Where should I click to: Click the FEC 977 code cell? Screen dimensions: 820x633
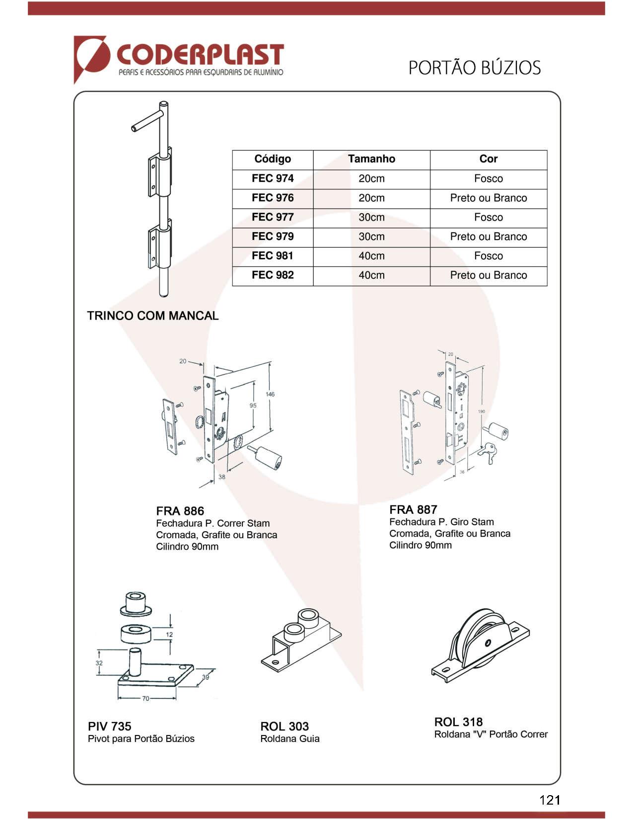pyautogui.click(x=273, y=217)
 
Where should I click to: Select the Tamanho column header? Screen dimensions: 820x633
pyautogui.click(x=371, y=159)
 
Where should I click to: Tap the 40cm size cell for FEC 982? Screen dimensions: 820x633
pyautogui.click(x=371, y=275)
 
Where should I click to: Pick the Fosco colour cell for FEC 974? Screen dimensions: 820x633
pyautogui.click(x=488, y=178)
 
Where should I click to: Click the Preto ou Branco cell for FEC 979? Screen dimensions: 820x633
pyautogui.click(x=488, y=237)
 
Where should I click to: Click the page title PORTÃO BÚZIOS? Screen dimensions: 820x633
pyautogui.click(x=474, y=68)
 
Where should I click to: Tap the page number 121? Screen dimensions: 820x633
pyautogui.click(x=550, y=800)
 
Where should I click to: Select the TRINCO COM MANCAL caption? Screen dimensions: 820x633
pyautogui.click(x=152, y=316)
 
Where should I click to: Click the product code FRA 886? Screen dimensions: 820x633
pyautogui.click(x=180, y=511)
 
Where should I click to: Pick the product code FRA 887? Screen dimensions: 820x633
pyautogui.click(x=413, y=509)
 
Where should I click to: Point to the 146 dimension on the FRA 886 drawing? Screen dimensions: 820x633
pyautogui.click(x=270, y=394)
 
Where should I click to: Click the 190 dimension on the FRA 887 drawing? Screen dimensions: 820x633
pyautogui.click(x=481, y=411)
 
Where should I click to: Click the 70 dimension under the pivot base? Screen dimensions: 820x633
pyautogui.click(x=145, y=698)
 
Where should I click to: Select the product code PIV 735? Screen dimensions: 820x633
pyautogui.click(x=109, y=726)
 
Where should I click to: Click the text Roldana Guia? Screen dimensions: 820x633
pyautogui.click(x=290, y=739)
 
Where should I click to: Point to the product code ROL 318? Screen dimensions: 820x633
pyautogui.click(x=458, y=722)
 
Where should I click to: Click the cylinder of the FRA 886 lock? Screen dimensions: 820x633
pyautogui.click(x=269, y=457)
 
